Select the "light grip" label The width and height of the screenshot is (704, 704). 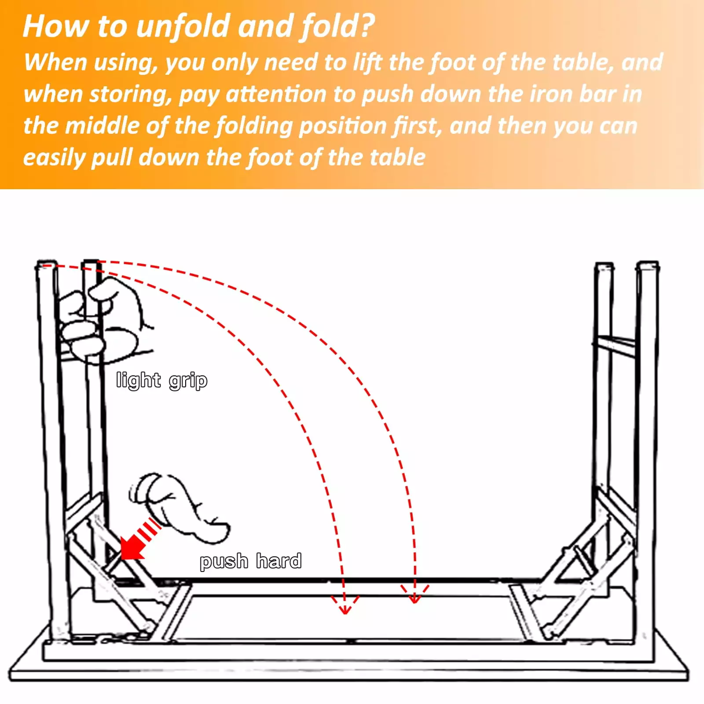[162, 381]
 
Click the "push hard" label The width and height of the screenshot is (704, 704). [251, 561]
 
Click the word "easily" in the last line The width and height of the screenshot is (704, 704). [54, 158]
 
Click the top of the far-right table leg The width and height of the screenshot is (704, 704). [648, 265]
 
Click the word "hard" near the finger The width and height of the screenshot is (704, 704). [279, 561]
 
